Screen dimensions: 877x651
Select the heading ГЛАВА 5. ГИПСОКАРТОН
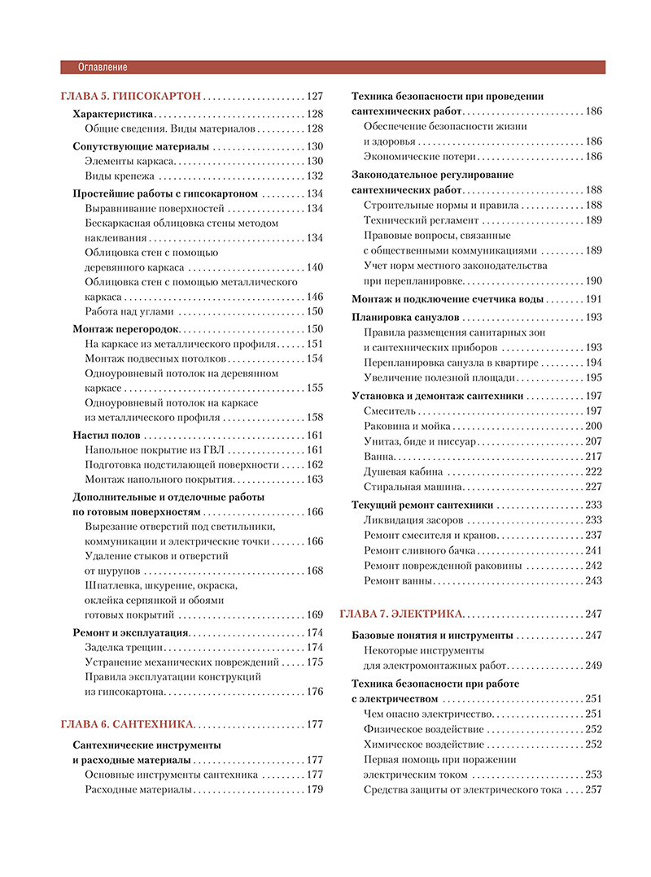[x=130, y=96]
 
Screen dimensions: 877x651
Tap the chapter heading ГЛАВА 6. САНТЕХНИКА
[x=128, y=724]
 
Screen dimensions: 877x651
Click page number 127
[x=314, y=96]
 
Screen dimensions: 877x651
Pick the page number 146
[x=314, y=297]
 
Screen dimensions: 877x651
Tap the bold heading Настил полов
[x=107, y=435]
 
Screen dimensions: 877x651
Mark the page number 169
[x=314, y=614]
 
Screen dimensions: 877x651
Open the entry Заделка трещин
[x=125, y=647]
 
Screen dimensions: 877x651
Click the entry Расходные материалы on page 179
[x=138, y=789]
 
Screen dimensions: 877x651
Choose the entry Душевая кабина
[x=404, y=472]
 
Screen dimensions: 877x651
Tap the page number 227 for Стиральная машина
[x=593, y=487]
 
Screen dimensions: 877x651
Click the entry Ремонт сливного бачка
[x=420, y=550]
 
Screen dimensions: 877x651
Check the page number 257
[x=593, y=789]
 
